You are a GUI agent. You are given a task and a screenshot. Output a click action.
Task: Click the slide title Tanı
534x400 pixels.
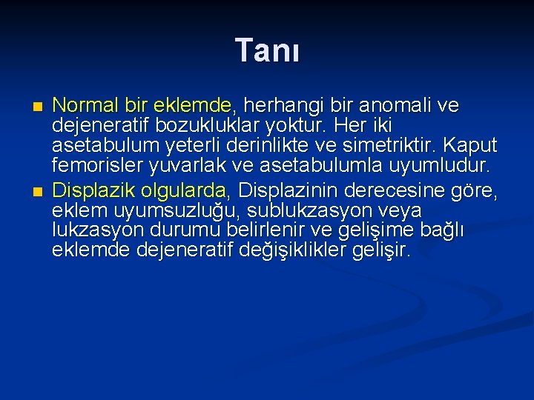coord(267,51)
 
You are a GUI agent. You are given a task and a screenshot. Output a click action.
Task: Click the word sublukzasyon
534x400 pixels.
coord(296,212)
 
